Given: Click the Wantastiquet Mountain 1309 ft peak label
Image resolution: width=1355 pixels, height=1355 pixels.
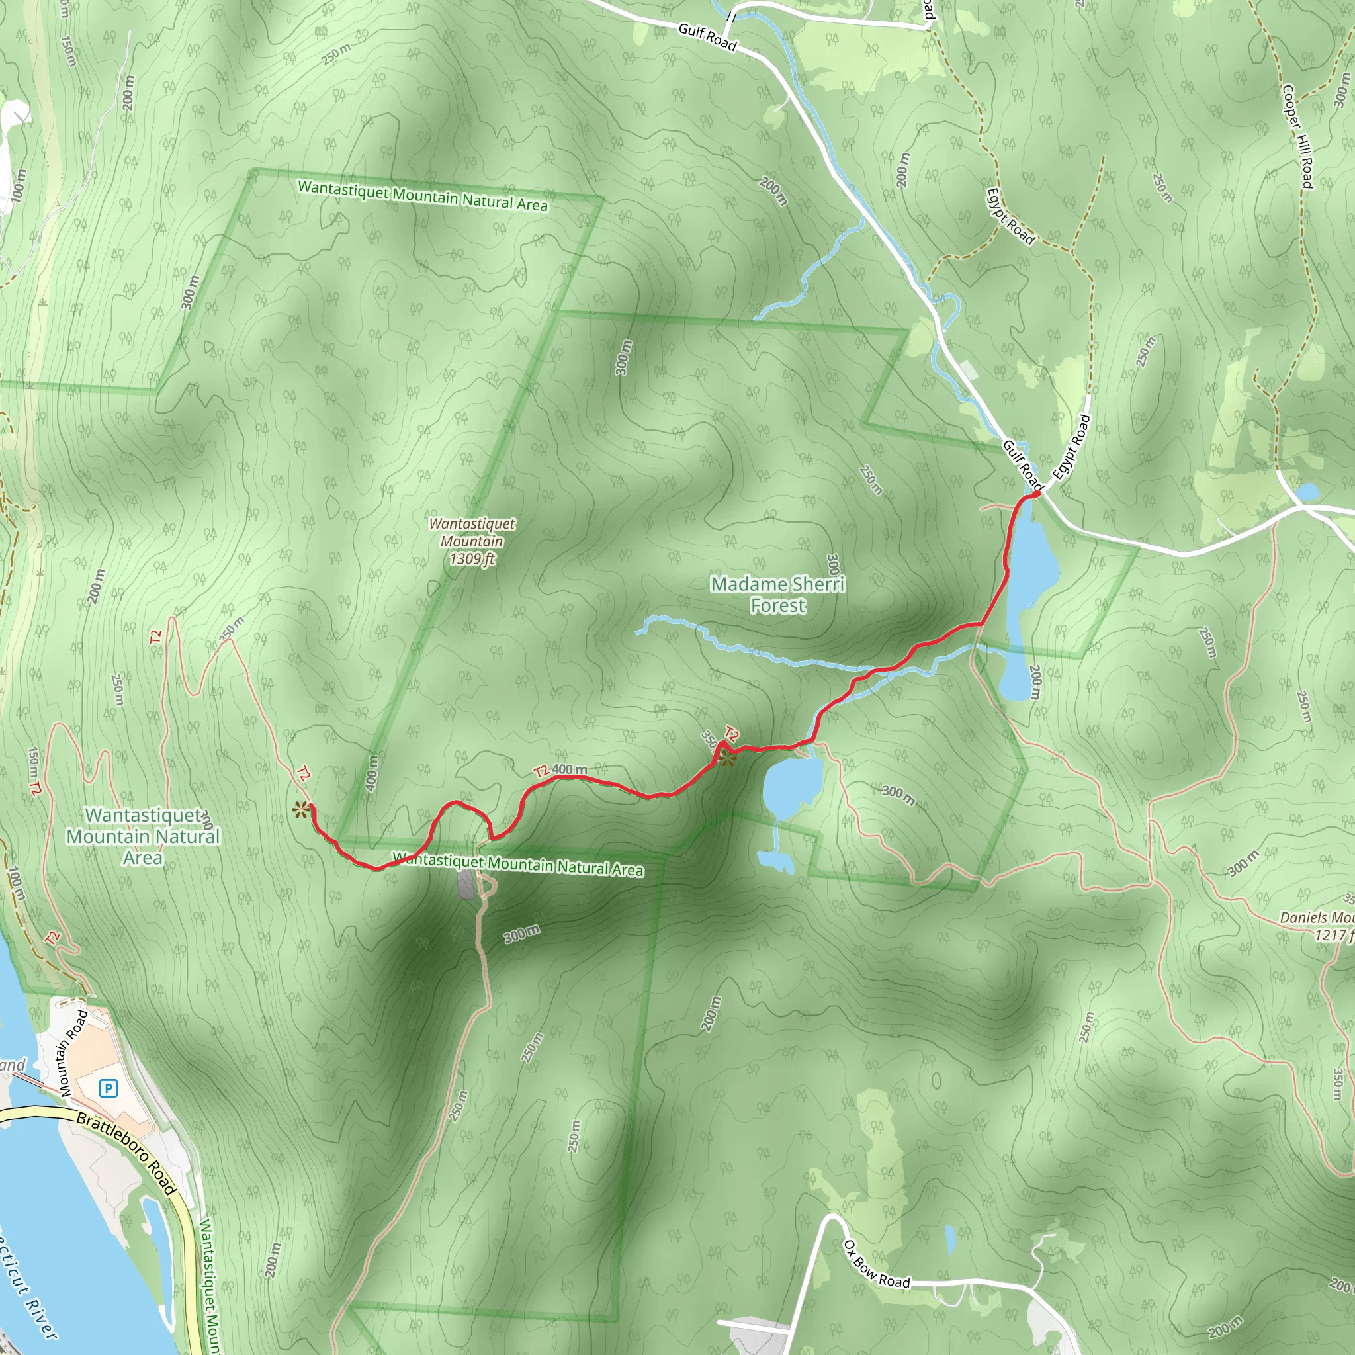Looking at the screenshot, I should click(472, 541).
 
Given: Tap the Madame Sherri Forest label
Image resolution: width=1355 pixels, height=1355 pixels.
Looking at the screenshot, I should click(778, 594).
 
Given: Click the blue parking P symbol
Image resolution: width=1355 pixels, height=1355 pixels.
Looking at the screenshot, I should click(108, 1088).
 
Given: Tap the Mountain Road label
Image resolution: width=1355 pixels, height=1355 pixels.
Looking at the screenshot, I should click(73, 1053).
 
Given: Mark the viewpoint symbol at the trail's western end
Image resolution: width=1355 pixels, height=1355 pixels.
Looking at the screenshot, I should click(301, 810).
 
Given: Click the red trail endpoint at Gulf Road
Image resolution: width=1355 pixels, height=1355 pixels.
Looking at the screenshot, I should click(1035, 495).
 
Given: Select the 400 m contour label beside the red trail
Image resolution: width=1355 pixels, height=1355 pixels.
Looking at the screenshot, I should click(569, 769).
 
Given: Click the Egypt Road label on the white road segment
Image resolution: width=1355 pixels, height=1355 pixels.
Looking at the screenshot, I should click(1071, 447).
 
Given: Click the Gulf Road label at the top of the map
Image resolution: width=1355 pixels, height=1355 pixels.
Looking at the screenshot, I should click(707, 37).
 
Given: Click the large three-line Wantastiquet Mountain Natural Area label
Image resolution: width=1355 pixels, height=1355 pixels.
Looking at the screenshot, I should click(144, 836).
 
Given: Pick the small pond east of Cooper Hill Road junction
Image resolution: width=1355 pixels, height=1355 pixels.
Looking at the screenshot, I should click(1307, 492).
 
